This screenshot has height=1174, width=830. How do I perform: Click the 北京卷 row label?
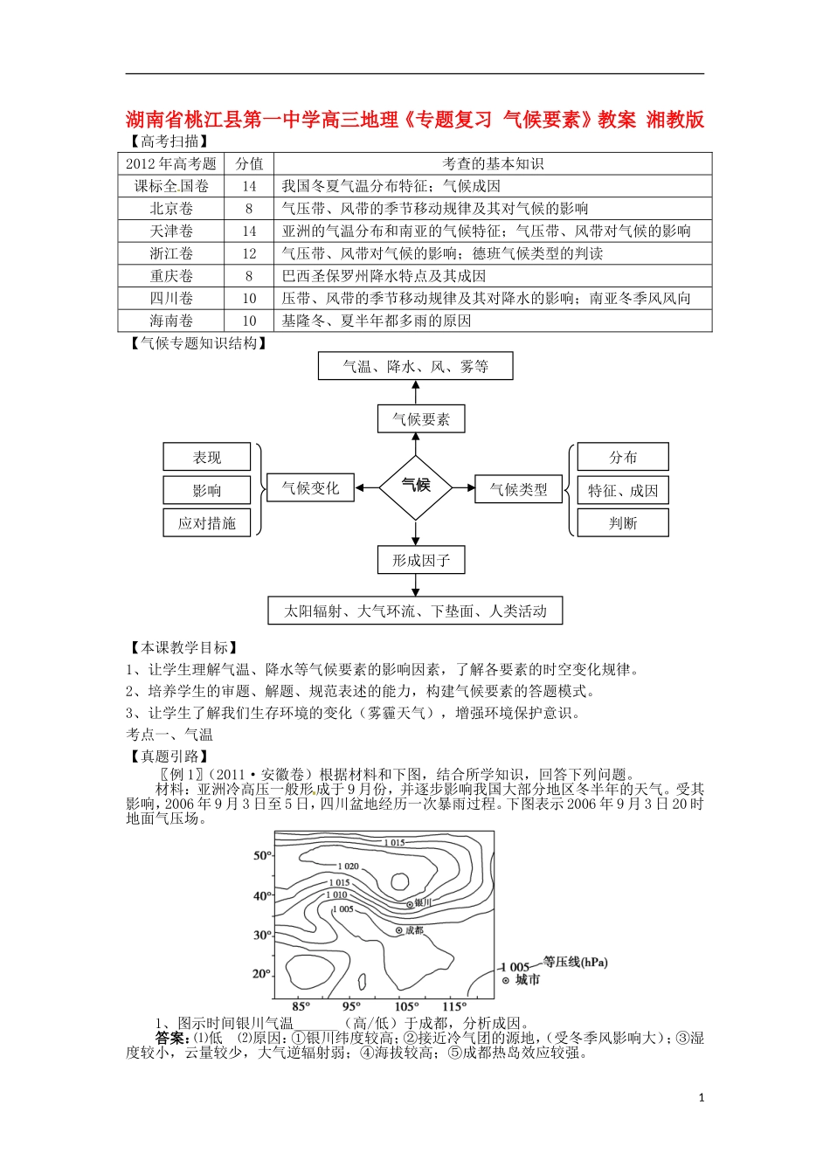pyautogui.click(x=171, y=209)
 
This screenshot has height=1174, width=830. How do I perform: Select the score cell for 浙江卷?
pyautogui.click(x=249, y=253)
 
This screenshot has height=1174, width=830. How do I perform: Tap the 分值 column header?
pyautogui.click(x=249, y=163)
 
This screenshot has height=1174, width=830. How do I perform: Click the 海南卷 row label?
pyautogui.click(x=171, y=321)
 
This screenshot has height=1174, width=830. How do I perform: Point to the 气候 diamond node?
pyautogui.click(x=416, y=486)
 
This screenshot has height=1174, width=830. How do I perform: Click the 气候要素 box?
pyautogui.click(x=421, y=419)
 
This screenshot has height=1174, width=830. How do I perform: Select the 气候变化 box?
pyautogui.click(x=310, y=488)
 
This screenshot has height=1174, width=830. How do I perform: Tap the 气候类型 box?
pyautogui.click(x=519, y=490)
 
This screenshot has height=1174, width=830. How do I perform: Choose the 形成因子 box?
pyautogui.click(x=421, y=560)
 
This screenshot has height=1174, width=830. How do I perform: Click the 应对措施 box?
pyautogui.click(x=207, y=523)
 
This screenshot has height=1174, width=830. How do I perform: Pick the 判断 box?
pyautogui.click(x=623, y=523)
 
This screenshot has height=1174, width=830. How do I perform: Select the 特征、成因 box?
pyautogui.click(x=623, y=491)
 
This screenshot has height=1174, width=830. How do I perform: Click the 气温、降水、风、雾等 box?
pyautogui.click(x=416, y=367)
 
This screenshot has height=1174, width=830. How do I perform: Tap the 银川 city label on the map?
pyautogui.click(x=423, y=902)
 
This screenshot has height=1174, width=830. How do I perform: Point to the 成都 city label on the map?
pyautogui.click(x=414, y=930)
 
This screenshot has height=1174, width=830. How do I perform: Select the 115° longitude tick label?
pyautogui.click(x=454, y=1006)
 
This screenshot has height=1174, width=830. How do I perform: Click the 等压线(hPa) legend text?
pyautogui.click(x=575, y=962)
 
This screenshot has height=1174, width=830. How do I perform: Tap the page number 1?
pyautogui.click(x=702, y=1098)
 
